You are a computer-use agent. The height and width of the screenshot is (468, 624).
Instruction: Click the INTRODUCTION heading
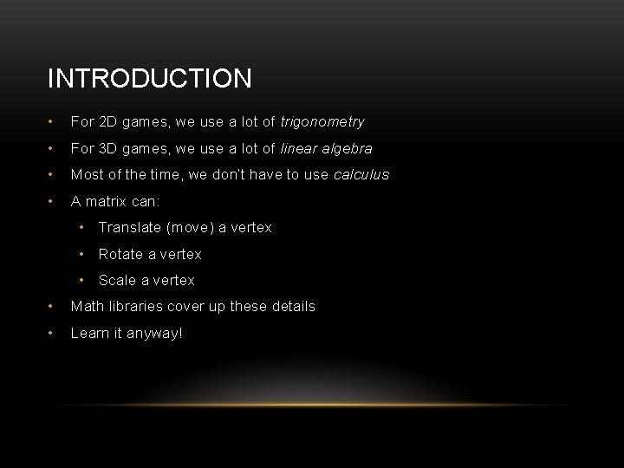(150, 79)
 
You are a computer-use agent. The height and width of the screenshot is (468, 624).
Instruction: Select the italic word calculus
(361, 175)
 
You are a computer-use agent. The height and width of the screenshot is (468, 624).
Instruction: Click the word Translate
(129, 228)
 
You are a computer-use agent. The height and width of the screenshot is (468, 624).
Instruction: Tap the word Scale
(117, 280)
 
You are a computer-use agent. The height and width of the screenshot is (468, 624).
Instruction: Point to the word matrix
(109, 201)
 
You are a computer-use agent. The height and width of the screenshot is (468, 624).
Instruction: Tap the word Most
(86, 175)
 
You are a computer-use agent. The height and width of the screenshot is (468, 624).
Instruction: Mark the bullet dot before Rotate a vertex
(81, 254)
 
